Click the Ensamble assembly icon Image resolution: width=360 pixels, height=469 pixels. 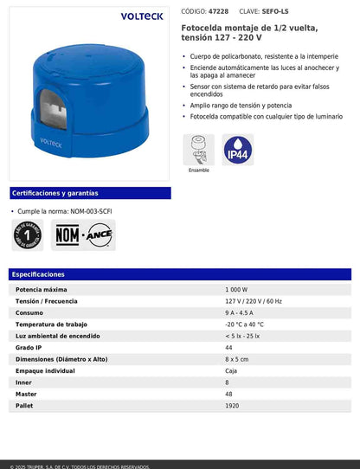point(198,150)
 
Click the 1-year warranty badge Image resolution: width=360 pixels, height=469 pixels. point(29,234)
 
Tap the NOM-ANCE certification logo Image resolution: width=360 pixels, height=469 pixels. point(85,234)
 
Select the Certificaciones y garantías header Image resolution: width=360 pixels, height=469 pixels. point(55,193)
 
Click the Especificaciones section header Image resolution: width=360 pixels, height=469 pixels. point(39,274)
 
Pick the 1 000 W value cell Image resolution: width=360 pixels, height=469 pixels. point(236,289)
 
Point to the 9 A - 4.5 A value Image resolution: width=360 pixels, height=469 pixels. point(239,312)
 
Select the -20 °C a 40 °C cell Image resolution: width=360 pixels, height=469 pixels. point(245,324)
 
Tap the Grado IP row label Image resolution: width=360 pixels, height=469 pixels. point(29,347)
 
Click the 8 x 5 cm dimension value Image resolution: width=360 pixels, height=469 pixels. point(236,358)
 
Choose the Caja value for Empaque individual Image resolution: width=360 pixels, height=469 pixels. point(231,370)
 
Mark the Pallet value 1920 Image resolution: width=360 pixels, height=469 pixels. point(232,405)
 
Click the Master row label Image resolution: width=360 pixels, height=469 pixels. point(26,394)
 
